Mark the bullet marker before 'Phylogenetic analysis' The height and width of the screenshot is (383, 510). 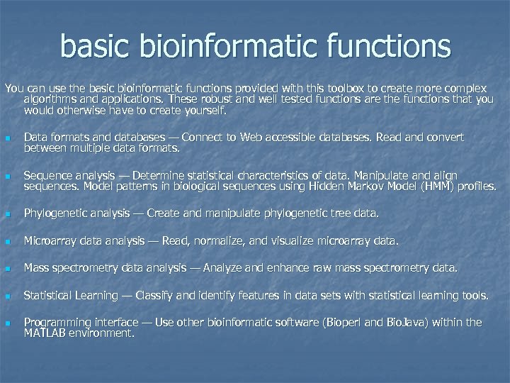(x=7, y=213)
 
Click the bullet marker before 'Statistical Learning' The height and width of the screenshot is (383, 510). (x=7, y=296)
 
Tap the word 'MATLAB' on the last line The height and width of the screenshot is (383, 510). (x=47, y=333)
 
